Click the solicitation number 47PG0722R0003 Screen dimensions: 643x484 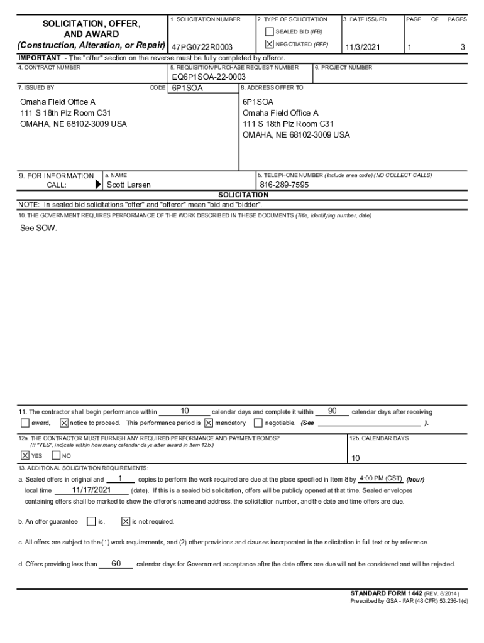pos(202,48)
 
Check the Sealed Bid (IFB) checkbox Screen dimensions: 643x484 pos(269,31)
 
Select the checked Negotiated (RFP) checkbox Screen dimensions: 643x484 pos(269,45)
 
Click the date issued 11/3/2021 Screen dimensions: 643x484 pos(363,48)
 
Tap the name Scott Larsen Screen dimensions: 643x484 pos(129,185)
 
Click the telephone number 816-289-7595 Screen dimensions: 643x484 pos(284,185)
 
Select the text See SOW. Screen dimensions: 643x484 pos(38,228)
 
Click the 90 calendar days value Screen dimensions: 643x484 pos(333,411)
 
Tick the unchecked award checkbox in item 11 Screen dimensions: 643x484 pos(25,423)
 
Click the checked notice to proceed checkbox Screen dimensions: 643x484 pos(64,423)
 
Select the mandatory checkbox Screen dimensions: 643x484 pos(209,423)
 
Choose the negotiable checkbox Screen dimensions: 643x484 pos(258,423)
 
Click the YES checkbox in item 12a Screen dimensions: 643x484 pos(25,455)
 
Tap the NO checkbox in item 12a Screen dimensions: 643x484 pos(56,455)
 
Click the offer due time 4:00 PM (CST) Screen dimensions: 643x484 pos(381,478)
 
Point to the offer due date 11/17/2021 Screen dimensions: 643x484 pos(91,490)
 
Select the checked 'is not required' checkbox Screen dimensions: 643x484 pos(125,521)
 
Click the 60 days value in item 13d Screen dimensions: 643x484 pos(116,563)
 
